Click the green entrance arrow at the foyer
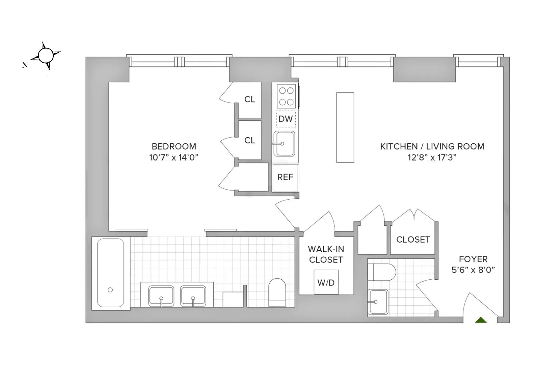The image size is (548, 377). pos(481,320)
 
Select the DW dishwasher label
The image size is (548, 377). pos(286,119)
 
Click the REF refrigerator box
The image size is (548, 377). pos(285,177)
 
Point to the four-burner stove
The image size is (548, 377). pos(286,96)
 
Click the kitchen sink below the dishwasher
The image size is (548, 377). pos(284,144)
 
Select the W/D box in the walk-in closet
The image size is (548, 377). pos(326,282)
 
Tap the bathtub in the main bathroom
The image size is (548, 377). pos(110,273)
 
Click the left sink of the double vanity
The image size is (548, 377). pos(161,296)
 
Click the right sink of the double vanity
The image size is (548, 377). pos(193,296)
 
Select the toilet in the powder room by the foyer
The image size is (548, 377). pos(381,272)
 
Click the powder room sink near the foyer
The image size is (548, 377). pos(378,302)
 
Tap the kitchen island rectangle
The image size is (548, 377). pos(345,127)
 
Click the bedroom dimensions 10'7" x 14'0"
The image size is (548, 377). pos(173,157)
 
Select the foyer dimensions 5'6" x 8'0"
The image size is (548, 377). pos(473,270)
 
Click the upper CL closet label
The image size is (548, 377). pos(249,99)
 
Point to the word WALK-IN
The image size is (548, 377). pos(326,249)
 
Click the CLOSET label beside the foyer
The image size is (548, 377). pos(413,239)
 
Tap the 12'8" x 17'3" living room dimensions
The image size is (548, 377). pos(432,157)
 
